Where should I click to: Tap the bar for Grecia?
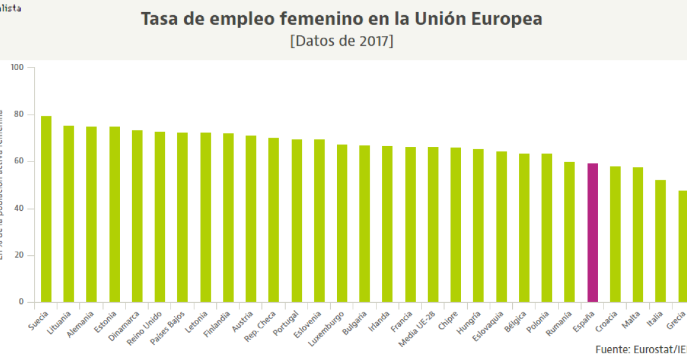coord(683,246)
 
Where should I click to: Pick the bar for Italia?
coord(660,241)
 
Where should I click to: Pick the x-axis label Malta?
coord(630,320)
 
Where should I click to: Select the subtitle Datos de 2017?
coord(342,41)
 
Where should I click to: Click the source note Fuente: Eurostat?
coord(639,350)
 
